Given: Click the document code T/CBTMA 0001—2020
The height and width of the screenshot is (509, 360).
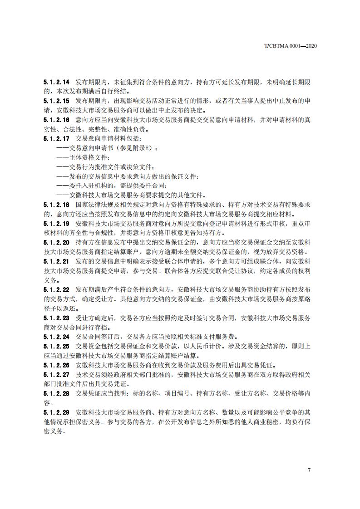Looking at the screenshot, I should coord(290,46).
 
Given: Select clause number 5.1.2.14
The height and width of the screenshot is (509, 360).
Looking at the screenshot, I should coord(56,83).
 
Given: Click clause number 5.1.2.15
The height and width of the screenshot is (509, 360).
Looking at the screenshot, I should coord(56,101).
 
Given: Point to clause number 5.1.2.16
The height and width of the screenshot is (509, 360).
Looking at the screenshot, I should coord(56,120).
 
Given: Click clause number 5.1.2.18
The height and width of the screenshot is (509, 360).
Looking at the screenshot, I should coord(56,205).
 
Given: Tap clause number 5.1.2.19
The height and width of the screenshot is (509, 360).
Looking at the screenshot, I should coord(56,223).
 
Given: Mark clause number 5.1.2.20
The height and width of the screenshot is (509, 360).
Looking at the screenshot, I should coord(56,242).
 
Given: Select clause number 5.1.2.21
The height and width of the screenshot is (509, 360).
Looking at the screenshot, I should coord(56,261).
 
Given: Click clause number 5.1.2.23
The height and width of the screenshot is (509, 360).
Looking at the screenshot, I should coord(56,318).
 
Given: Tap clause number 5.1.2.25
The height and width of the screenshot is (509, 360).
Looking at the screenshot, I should coord(56,346).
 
